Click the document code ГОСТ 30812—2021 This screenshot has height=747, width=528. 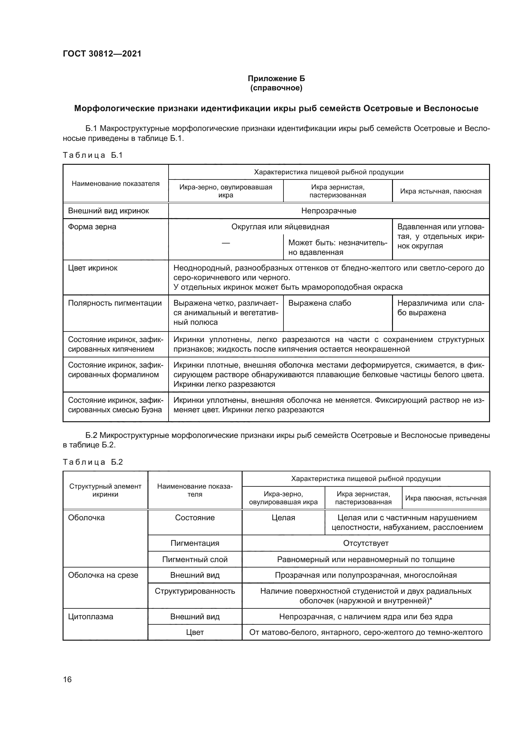coord(102,54)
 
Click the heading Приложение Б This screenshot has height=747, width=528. coord(276,79)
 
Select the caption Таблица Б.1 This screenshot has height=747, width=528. coord(93,155)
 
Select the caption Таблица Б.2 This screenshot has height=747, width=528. coord(93,462)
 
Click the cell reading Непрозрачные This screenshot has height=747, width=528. coord(329,211)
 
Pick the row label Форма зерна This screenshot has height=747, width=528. coord(92,227)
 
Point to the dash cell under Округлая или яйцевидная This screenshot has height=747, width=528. coord(226,243)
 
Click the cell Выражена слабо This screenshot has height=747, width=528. coord(320,303)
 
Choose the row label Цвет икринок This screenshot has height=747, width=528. coord(93,268)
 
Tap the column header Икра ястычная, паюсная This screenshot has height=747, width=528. coord(441,191)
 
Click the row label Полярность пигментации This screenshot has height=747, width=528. coord(115,303)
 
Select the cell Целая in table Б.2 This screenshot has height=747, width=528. coord(283,518)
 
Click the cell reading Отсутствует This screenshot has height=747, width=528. coord(366,543)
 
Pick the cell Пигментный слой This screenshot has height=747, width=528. coord(195,559)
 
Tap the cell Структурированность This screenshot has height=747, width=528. coord(195,591)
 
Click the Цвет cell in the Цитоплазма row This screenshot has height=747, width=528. coord(195,632)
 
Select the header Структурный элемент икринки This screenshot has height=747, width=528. coord(105,490)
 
